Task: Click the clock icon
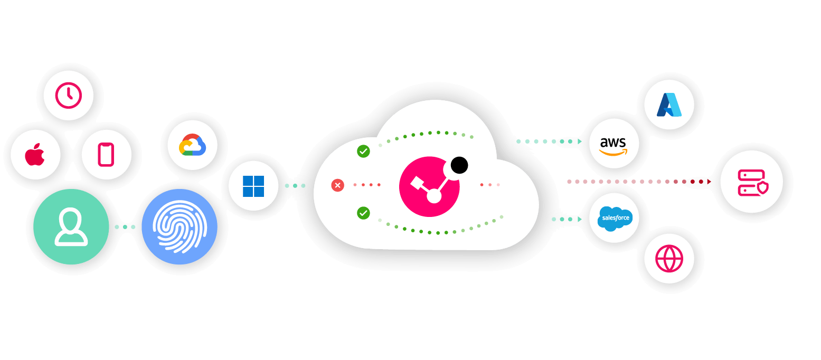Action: (x=69, y=96)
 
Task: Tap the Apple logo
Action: (x=35, y=155)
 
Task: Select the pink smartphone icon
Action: (x=106, y=154)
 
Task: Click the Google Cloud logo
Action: (x=192, y=145)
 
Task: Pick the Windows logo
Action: (x=253, y=186)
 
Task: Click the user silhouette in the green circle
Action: (x=71, y=227)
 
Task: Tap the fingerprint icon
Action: (x=180, y=227)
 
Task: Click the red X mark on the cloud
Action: (x=337, y=185)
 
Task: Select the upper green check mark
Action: (x=363, y=151)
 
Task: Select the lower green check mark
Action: (x=363, y=213)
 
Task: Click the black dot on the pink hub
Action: (x=459, y=166)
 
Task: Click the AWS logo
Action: (x=614, y=144)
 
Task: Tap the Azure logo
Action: (x=669, y=105)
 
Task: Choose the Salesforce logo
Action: (x=614, y=218)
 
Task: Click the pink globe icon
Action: (x=669, y=259)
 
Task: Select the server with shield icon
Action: (x=752, y=182)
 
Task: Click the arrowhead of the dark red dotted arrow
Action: (x=709, y=182)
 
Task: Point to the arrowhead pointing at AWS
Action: (x=580, y=141)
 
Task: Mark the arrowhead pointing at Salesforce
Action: (x=580, y=219)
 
